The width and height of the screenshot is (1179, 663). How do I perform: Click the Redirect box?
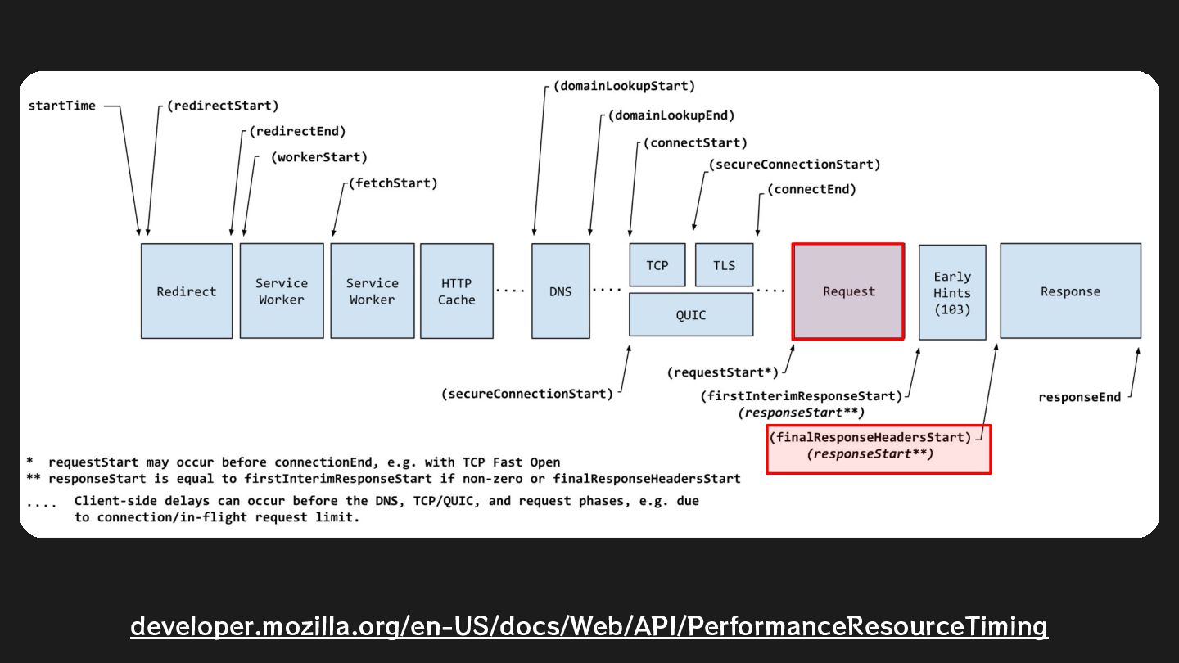pos(187,291)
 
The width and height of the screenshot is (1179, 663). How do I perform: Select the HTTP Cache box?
pos(456,291)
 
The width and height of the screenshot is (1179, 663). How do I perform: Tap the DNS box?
pos(560,291)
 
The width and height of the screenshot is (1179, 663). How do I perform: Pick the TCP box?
pos(657,265)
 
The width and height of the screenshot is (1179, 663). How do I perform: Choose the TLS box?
pos(724,265)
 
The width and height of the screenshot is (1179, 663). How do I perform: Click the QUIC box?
pos(690,315)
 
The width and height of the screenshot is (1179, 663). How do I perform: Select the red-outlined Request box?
pos(848,291)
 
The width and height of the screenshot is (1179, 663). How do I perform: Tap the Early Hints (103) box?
pos(952,292)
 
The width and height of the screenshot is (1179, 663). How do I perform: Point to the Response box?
pos(1070,291)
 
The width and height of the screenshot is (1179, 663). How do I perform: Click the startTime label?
pos(61,106)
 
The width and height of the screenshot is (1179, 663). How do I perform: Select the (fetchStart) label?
pos(393,183)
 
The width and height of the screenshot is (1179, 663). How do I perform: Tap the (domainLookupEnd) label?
pos(671,115)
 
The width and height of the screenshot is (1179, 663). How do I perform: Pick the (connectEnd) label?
pos(811,190)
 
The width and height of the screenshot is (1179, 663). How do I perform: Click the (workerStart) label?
pos(319,157)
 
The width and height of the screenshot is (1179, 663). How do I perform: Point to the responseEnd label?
pos(1079,397)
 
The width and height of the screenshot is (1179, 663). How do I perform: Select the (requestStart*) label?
pos(722,372)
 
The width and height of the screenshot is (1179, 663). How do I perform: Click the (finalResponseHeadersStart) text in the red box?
pos(870,437)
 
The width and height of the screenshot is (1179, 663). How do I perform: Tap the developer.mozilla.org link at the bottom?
pos(589,626)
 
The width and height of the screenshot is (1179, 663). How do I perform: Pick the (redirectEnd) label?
pos(297,131)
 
